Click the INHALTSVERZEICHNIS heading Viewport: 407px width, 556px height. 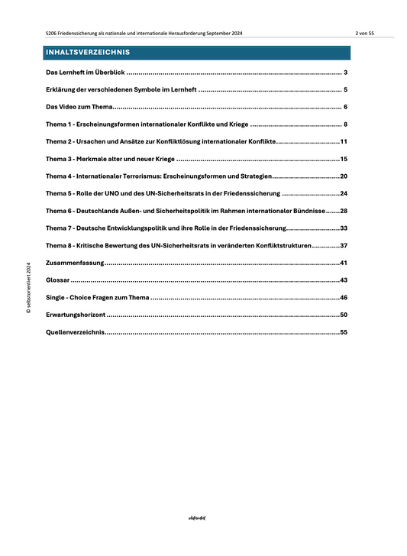(88, 53)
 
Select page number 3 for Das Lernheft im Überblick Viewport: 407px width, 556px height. (346, 73)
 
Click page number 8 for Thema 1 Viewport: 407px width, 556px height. (346, 124)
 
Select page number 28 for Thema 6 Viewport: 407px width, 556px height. (344, 211)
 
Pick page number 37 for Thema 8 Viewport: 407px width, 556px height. (344, 245)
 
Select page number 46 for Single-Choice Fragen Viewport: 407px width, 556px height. (344, 297)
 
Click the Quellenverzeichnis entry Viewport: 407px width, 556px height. (75, 332)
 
